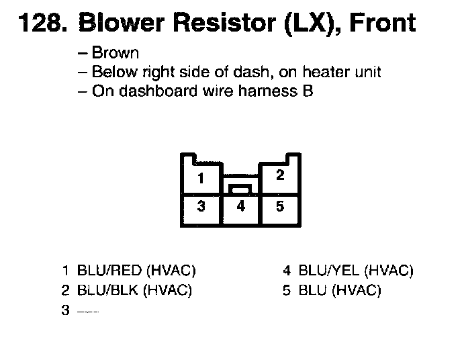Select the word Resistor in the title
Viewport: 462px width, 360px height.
click(216, 24)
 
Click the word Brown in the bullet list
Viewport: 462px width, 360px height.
click(115, 54)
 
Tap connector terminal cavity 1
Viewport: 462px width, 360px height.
click(201, 179)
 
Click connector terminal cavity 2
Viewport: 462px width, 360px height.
click(281, 176)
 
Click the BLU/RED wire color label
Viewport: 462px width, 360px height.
click(109, 271)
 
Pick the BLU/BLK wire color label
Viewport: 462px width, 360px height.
click(108, 291)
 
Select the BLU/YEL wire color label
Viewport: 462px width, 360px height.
click(329, 271)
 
